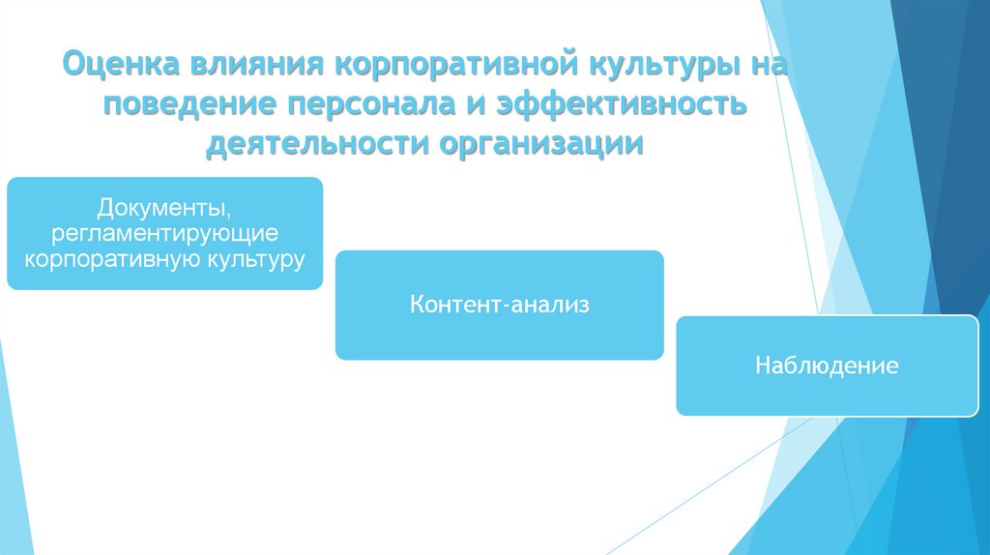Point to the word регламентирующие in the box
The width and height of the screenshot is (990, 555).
pos(164,234)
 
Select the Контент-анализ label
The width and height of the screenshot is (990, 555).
pos(499,306)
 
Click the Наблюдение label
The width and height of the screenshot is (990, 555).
pos(828,366)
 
